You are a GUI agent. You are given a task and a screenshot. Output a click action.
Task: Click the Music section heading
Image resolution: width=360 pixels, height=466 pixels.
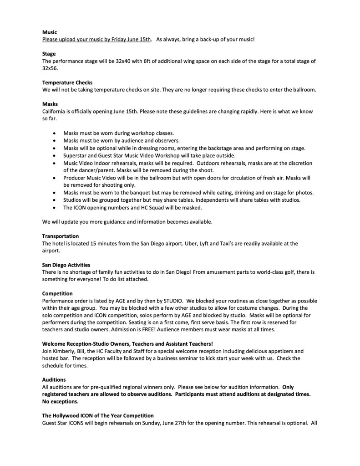[49, 33]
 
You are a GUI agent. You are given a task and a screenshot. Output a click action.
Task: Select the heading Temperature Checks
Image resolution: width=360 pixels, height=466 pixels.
[67, 82]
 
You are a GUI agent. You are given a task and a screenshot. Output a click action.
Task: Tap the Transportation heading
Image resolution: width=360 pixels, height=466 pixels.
[61, 236]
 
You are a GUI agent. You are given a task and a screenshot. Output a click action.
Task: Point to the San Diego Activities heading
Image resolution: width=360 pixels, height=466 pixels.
[66, 265]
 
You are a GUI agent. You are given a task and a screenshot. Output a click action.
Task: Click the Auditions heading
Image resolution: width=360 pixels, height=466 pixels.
[54, 379]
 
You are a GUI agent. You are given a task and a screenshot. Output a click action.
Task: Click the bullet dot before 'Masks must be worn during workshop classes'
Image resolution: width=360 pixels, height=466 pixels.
[55, 133]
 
